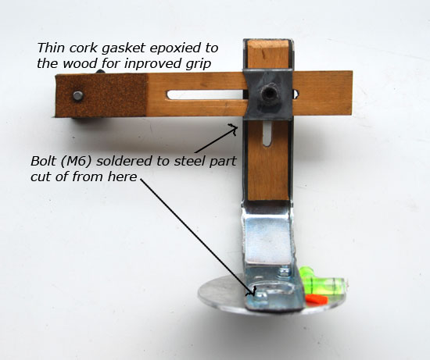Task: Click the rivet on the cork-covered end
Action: click(78, 96)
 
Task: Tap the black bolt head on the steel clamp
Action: click(268, 94)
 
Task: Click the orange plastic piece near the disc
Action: click(316, 299)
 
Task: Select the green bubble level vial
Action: click(323, 281)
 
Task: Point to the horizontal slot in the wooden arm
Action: click(206, 94)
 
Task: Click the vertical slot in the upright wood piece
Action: click(267, 134)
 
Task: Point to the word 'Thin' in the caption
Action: click(51, 48)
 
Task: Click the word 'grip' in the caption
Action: click(199, 65)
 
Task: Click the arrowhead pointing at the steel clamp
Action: click(233, 128)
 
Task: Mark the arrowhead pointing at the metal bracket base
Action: click(252, 291)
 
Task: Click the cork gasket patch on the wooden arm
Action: click(100, 95)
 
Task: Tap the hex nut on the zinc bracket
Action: click(284, 272)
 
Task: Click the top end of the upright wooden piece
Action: click(268, 41)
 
